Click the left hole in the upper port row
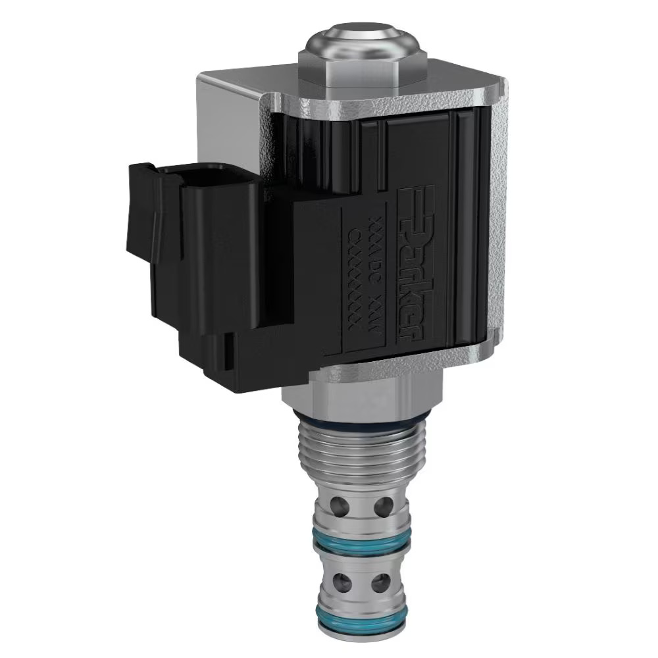(341, 506)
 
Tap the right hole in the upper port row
(383, 506)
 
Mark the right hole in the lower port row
(381, 583)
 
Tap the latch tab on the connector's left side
(139, 211)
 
